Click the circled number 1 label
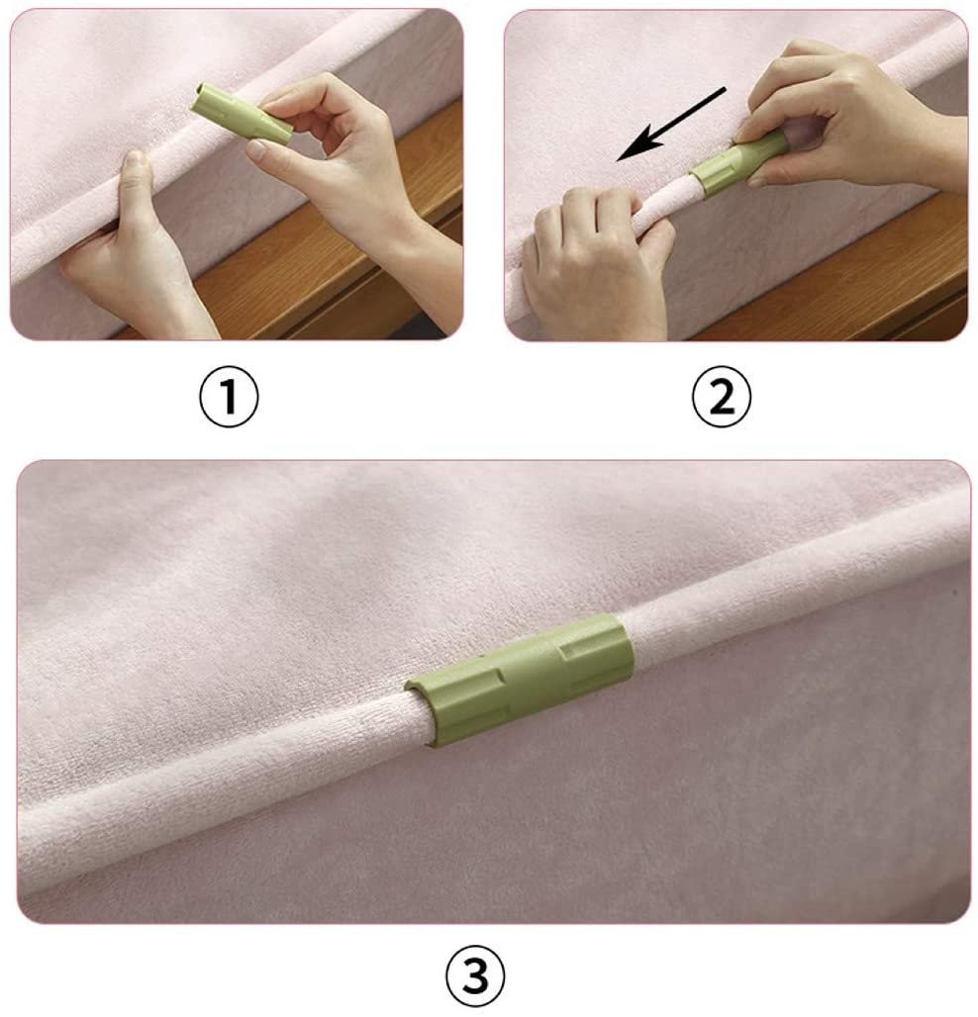[x=229, y=397]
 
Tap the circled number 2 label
[x=722, y=397]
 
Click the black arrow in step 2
[x=671, y=124]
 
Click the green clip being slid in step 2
[x=736, y=163]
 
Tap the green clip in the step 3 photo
[x=519, y=680]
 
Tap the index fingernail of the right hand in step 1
[x=256, y=151]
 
